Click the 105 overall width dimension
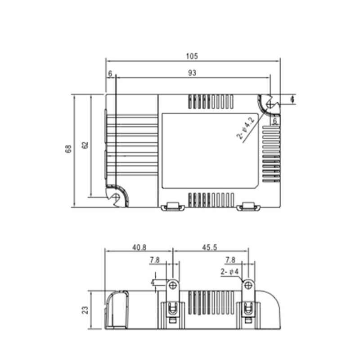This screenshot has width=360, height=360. tap(192, 56)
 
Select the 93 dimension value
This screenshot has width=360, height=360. tap(192, 73)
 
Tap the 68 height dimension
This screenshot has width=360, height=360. tap(68, 149)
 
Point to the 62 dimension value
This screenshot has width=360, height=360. tap(85, 145)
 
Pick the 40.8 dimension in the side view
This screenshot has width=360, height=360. tap(139, 247)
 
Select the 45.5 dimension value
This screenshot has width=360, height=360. tap(210, 247)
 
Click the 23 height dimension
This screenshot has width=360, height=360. tap(85, 310)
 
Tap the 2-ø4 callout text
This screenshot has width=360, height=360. tap(229, 272)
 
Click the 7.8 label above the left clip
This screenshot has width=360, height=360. tap(155, 260)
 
